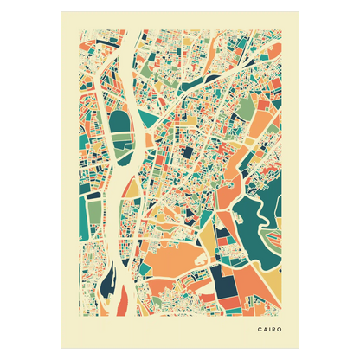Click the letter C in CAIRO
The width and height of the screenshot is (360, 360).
[x=259, y=329]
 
